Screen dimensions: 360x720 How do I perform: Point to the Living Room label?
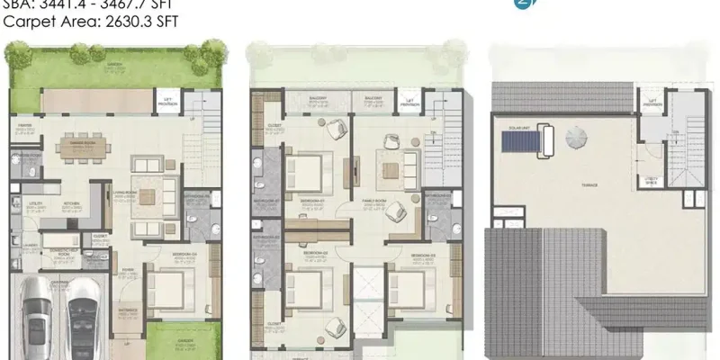115,188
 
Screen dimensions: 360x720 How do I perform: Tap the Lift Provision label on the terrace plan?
650,104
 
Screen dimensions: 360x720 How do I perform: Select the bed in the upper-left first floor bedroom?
307,171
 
